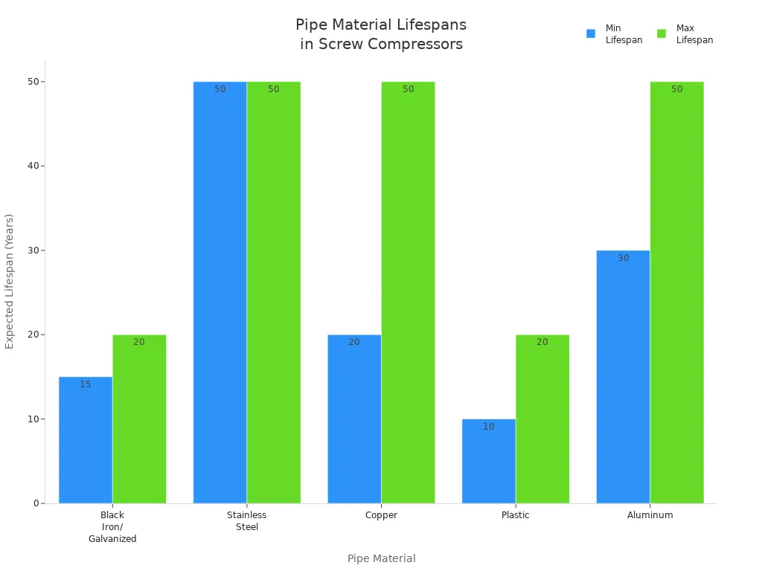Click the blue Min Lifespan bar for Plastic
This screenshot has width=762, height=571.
coord(488,461)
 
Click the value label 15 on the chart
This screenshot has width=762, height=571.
coord(86,384)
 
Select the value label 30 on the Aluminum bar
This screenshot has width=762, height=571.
coord(624,258)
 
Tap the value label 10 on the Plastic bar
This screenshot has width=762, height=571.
coord(489,427)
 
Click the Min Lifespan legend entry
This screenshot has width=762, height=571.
coord(615,34)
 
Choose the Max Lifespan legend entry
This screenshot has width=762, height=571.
coord(685,34)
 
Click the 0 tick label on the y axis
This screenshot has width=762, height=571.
coord(35,503)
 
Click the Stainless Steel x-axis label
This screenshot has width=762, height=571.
coord(246,520)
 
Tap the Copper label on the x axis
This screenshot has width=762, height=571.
coord(381,515)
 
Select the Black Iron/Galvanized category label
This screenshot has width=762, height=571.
coord(112,526)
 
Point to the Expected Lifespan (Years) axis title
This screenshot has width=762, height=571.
coord(10,281)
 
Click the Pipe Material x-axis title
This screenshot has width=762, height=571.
coord(381,558)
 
